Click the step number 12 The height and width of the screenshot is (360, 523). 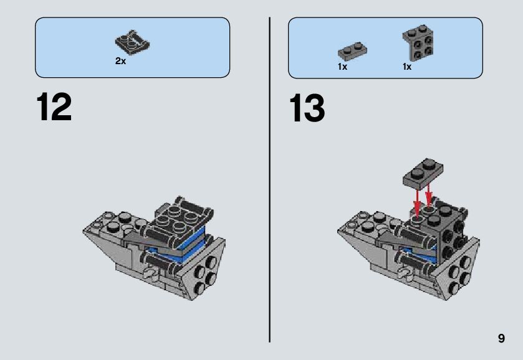click(x=54, y=107)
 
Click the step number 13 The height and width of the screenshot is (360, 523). click(x=307, y=108)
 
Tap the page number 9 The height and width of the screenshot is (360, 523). click(x=501, y=338)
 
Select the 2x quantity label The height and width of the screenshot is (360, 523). click(x=120, y=61)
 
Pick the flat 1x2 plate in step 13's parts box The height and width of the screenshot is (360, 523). click(x=352, y=51)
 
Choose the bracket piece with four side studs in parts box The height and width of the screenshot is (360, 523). click(x=418, y=42)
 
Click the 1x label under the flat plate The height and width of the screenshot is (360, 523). click(x=343, y=67)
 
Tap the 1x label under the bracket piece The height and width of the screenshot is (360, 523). click(x=407, y=67)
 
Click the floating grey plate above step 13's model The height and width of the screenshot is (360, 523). click(x=423, y=172)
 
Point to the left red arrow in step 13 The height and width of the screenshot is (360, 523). click(x=416, y=202)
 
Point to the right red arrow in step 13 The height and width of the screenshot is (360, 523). click(x=428, y=195)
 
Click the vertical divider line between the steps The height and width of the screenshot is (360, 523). click(x=269, y=179)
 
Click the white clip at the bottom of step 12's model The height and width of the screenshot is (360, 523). click(x=150, y=273)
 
